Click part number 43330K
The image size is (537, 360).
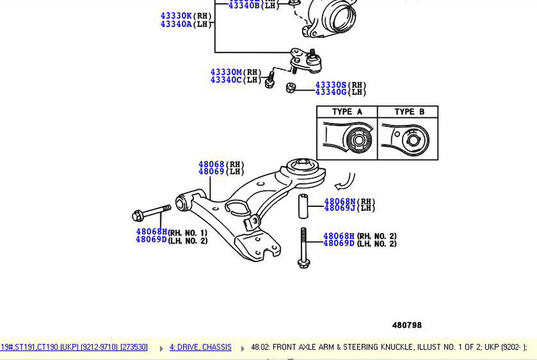[176, 15]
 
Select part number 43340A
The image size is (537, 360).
[176, 24]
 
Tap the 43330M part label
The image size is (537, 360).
[226, 72]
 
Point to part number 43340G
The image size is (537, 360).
[332, 92]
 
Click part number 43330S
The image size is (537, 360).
[332, 85]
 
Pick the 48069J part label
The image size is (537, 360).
[340, 209]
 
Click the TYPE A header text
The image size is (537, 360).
[347, 112]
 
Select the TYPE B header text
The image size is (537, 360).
[409, 112]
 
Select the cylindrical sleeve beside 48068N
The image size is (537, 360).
[303, 206]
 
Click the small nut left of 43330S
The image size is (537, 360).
[291, 88]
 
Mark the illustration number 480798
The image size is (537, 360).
[407, 325]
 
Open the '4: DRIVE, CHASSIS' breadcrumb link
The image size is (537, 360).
[200, 347]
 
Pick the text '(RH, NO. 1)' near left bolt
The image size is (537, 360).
[188, 232]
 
